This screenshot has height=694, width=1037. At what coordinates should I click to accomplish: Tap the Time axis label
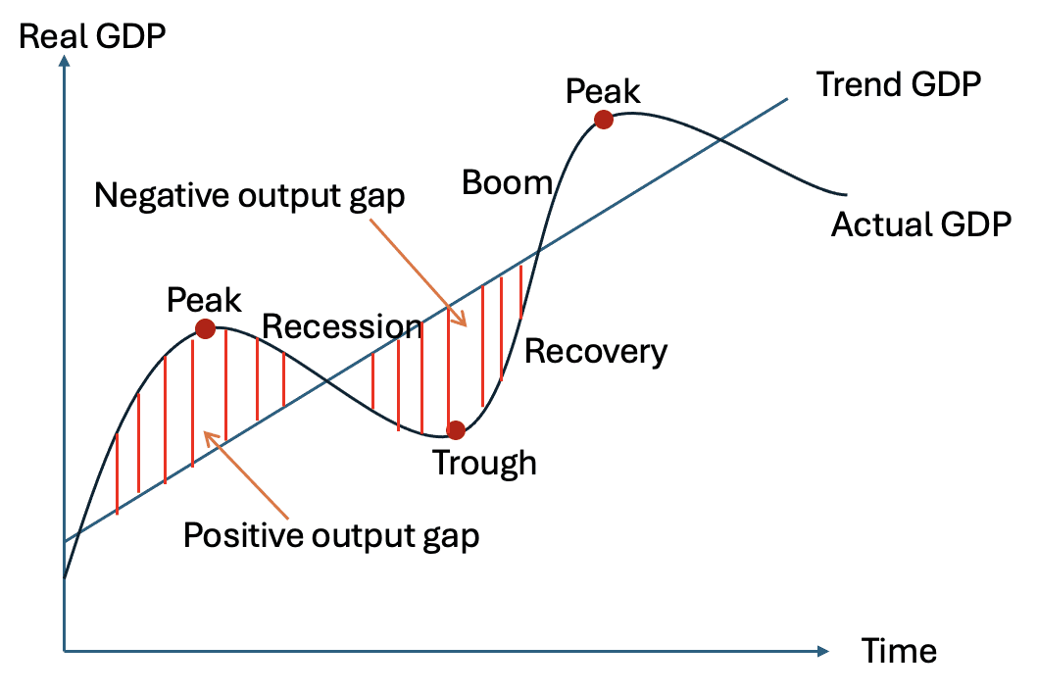pyautogui.click(x=899, y=650)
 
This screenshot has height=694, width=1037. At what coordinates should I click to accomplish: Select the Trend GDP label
pyautogui.click(x=898, y=85)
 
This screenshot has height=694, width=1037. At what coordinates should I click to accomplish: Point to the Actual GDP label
pyautogui.click(x=920, y=225)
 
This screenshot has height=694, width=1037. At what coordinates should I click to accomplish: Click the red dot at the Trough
pyautogui.click(x=455, y=429)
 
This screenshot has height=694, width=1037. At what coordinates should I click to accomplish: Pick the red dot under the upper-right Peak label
pyautogui.click(x=604, y=120)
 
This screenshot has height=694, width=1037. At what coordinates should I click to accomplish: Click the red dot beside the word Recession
pyautogui.click(x=205, y=328)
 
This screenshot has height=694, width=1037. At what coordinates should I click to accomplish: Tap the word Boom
pyautogui.click(x=507, y=182)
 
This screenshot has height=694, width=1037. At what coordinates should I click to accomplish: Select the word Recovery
pyautogui.click(x=596, y=351)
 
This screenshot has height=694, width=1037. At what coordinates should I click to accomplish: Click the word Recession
pyautogui.click(x=342, y=326)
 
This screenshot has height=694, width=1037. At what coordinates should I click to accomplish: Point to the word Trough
pyautogui.click(x=484, y=462)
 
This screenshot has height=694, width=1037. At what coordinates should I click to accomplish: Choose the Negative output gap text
pyautogui.click(x=249, y=196)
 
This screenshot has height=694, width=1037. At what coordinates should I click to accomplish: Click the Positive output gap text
pyautogui.click(x=332, y=535)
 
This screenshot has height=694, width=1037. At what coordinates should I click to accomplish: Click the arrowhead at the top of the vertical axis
pyautogui.click(x=64, y=61)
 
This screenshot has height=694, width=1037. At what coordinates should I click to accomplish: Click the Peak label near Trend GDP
pyautogui.click(x=603, y=91)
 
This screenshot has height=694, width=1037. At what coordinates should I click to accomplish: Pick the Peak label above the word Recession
pyautogui.click(x=204, y=298)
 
